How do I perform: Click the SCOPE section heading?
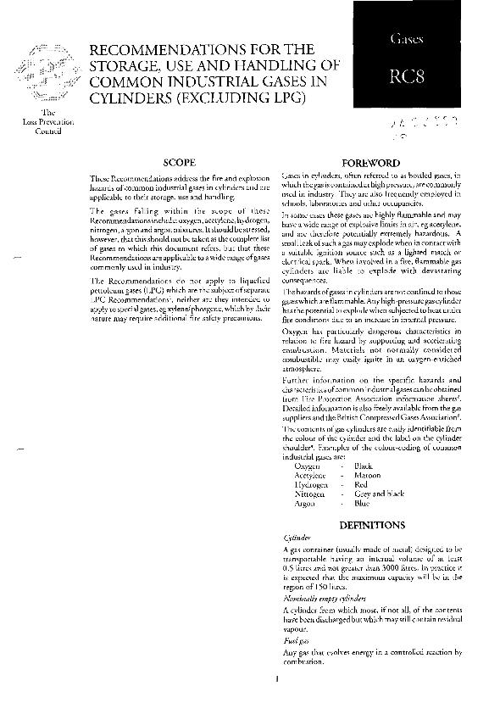[x=180, y=160]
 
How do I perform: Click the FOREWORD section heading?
[x=374, y=161]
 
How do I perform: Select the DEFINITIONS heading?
[x=372, y=525]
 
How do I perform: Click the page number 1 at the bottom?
[x=276, y=678]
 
